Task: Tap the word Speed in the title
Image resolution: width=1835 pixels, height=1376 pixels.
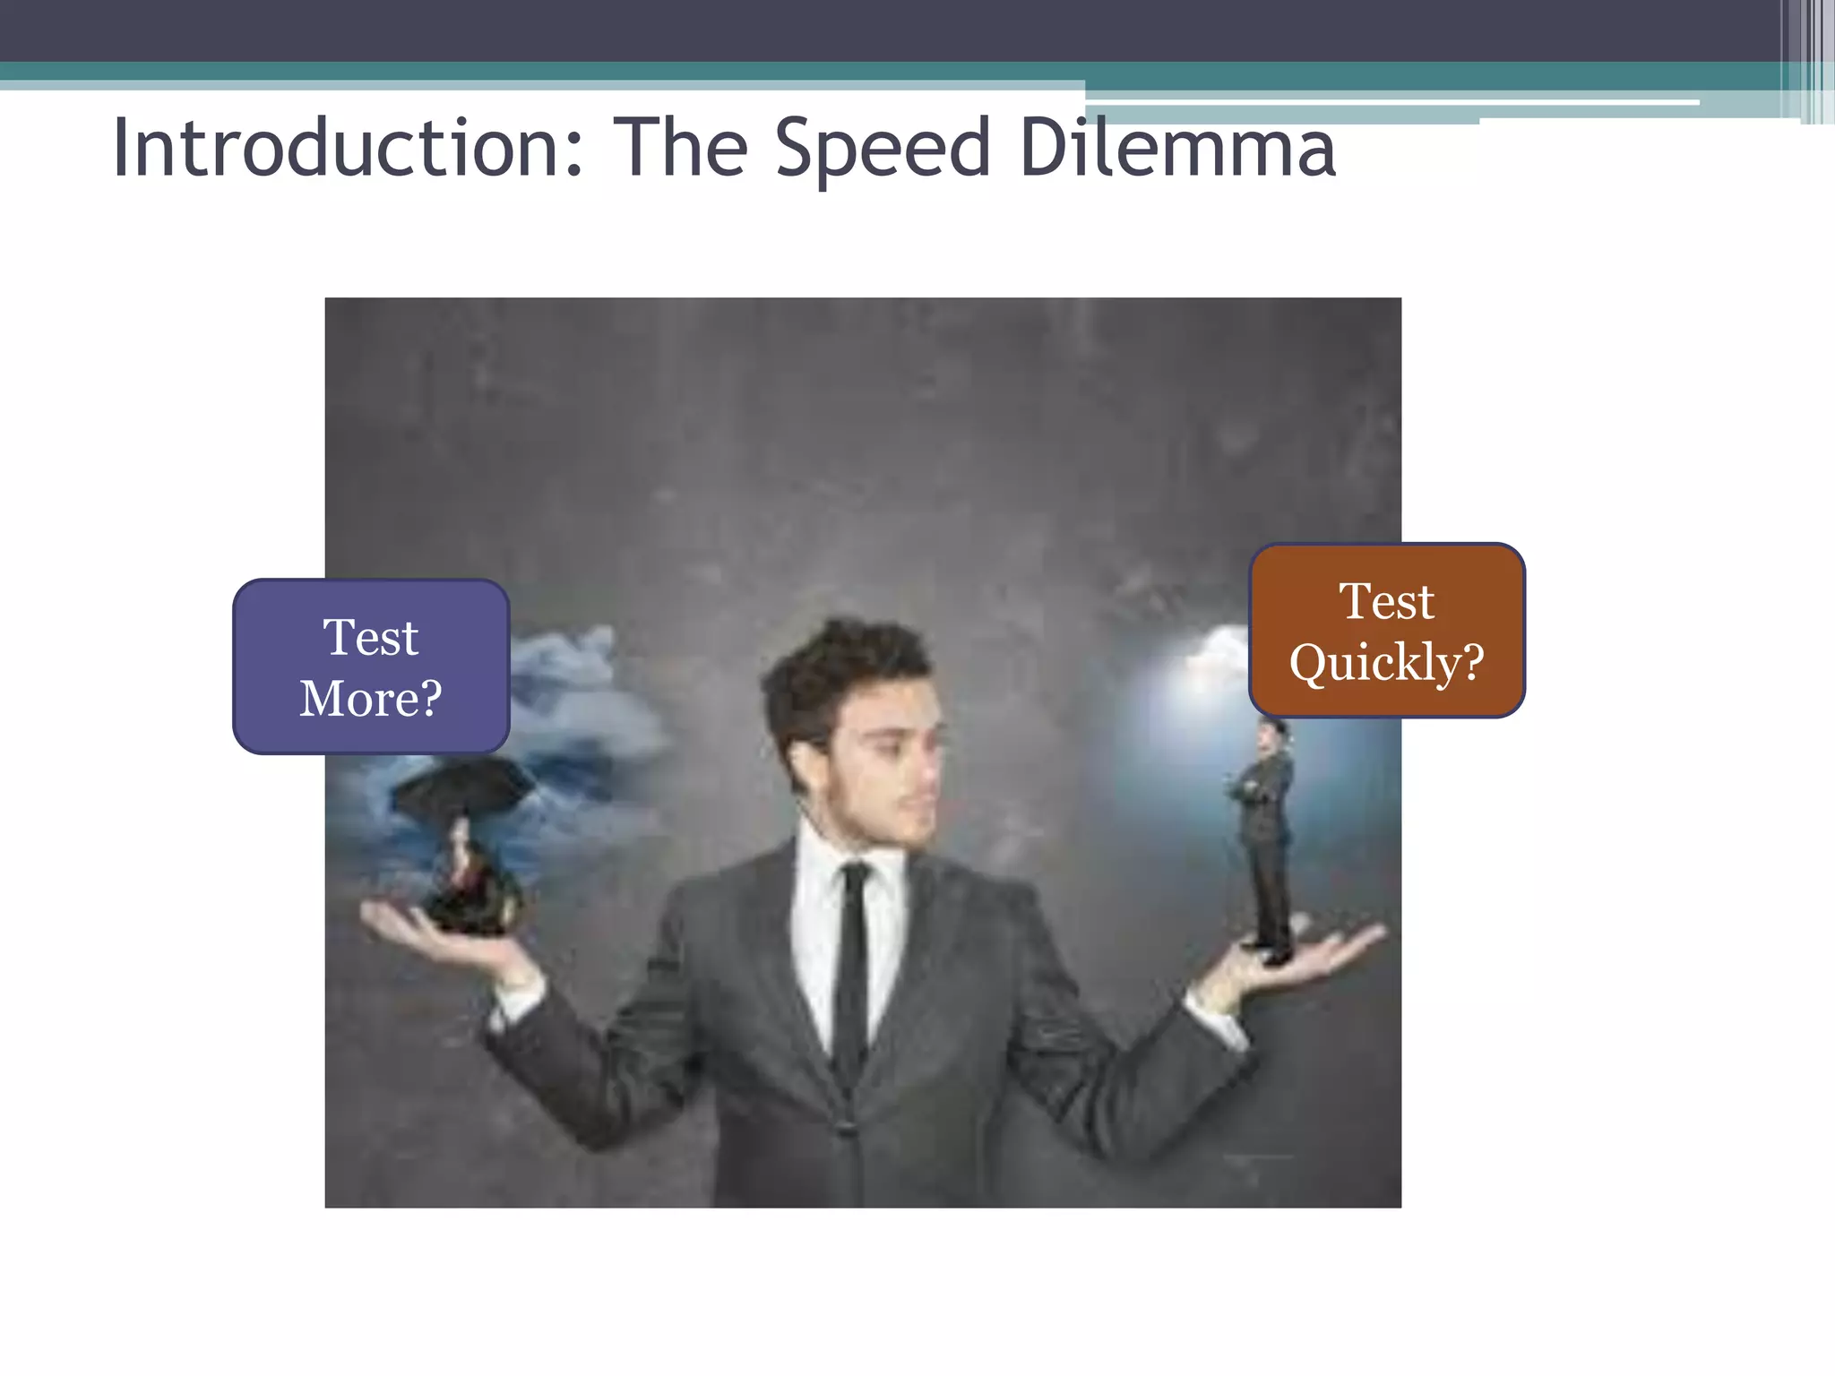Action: point(883,150)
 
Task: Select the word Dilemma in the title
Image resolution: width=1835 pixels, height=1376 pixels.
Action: point(1177,148)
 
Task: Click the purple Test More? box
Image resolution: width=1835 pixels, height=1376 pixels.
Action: point(371,666)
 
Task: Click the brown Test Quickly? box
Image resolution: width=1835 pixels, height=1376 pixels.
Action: point(1387,631)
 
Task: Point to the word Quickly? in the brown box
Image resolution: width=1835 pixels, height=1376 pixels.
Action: point(1387,662)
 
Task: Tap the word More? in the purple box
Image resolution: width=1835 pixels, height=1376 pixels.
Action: point(371,698)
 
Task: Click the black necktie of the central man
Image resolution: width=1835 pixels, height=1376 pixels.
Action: point(851,967)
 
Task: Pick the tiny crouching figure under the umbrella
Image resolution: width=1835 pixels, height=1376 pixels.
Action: point(470,882)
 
